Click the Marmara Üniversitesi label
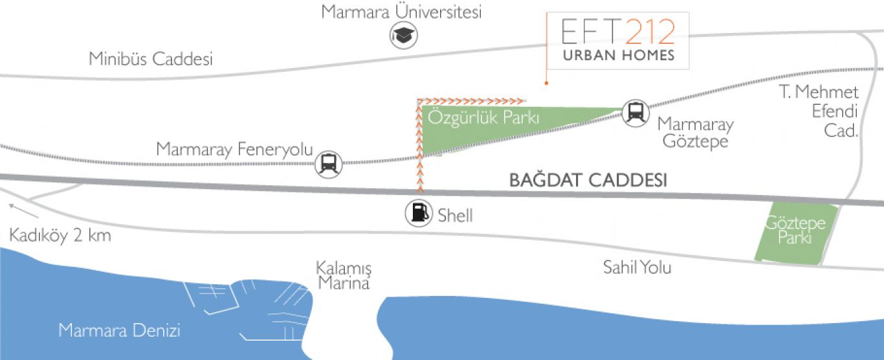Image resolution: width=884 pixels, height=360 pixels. (x=401, y=12)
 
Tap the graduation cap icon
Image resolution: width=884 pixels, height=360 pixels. (x=403, y=36)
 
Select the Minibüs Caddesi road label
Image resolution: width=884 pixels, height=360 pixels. (x=151, y=59)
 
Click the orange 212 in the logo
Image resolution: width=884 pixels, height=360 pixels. (x=650, y=32)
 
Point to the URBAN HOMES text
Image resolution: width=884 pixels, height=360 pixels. (x=619, y=55)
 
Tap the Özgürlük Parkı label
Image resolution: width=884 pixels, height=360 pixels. (x=483, y=118)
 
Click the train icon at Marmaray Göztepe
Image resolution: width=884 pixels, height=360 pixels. (x=635, y=113)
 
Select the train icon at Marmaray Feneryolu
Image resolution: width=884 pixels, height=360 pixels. (x=328, y=164)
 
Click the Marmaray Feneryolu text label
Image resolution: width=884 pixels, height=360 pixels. (x=234, y=149)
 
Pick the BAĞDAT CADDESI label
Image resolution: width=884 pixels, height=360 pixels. (x=588, y=179)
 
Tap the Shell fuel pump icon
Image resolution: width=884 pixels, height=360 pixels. (x=419, y=213)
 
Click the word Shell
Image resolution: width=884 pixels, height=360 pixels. (x=455, y=216)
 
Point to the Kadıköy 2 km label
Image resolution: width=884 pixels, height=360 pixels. (x=60, y=236)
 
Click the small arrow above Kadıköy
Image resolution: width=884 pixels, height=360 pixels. (x=24, y=211)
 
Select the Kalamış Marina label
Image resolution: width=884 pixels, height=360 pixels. (x=344, y=276)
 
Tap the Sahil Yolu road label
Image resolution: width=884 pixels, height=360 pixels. (x=637, y=267)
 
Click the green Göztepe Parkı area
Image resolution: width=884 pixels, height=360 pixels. (x=795, y=234)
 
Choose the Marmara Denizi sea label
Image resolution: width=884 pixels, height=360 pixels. (x=119, y=330)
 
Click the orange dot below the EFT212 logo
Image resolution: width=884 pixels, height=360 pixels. (x=547, y=83)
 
